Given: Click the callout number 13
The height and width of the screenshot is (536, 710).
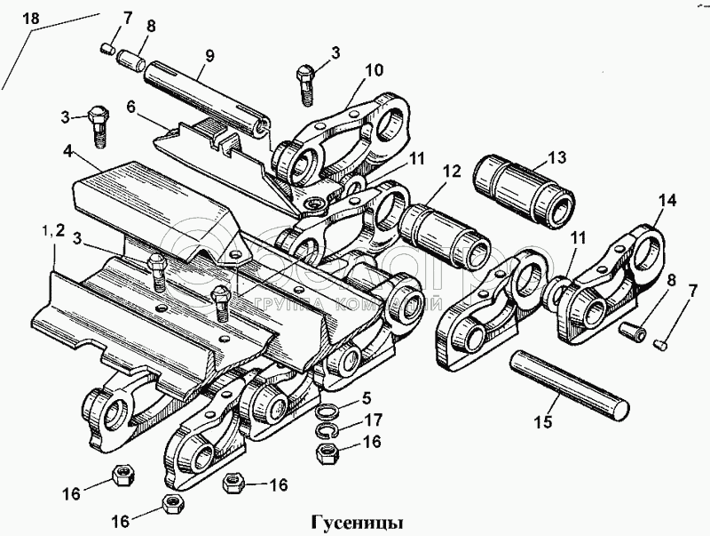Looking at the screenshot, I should (556, 158).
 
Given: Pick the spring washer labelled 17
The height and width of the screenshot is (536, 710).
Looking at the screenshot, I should (327, 431).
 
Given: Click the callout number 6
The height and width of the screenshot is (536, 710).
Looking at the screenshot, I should (131, 106).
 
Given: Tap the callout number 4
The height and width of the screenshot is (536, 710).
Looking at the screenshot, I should (67, 153).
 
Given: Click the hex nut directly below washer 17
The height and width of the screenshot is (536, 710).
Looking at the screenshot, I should (326, 453).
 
